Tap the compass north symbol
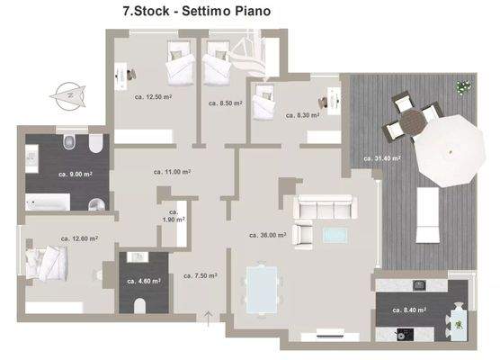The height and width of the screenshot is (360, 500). (x=66, y=92)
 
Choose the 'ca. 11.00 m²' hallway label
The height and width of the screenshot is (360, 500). (x=172, y=171)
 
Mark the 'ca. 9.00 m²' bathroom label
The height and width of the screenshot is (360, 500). (x=70, y=173)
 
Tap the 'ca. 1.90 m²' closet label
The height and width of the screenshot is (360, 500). (x=174, y=214)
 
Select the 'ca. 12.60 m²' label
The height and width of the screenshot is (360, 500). (x=79, y=238)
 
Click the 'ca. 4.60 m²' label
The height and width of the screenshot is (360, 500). (x=144, y=281)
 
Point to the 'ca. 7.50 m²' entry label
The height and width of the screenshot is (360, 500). (x=200, y=275)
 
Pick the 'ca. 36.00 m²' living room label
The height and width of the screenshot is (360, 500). (x=268, y=235)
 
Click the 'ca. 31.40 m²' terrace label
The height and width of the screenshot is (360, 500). (x=382, y=157)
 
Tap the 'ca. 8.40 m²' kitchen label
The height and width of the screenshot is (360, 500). (x=409, y=309)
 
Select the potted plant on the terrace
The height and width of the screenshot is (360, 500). (x=464, y=87)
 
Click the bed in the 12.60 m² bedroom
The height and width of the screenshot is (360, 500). (x=48, y=265)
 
